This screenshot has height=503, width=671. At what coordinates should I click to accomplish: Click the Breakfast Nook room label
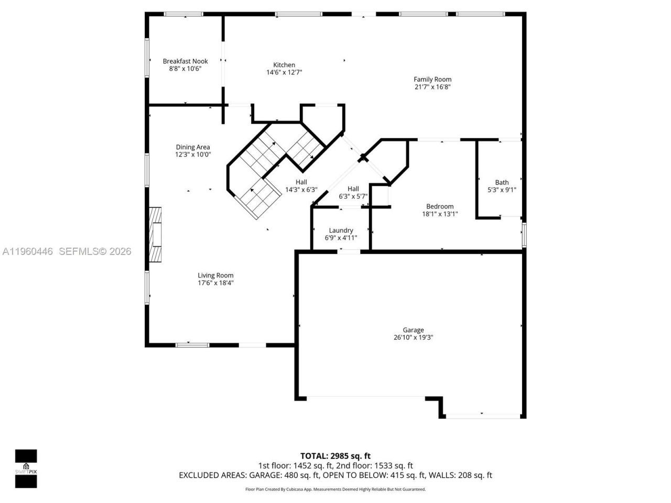185,61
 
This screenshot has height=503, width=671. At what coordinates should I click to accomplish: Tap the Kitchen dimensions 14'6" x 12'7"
284,72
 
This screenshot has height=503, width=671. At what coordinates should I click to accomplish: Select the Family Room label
432,80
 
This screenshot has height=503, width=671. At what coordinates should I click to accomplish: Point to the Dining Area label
193,147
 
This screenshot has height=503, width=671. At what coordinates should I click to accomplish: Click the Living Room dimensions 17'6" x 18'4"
215,283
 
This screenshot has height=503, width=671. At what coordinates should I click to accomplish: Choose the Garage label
413,330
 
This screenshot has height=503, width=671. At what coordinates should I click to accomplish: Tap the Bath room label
502,182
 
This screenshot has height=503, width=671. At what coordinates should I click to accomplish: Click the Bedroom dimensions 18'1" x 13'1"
440,214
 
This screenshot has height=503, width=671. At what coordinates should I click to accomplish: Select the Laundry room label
341,231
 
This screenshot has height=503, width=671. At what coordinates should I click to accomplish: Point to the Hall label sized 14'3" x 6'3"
301,182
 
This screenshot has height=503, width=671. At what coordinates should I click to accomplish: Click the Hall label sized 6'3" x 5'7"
353,189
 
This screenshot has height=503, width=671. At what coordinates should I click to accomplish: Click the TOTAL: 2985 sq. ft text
335,456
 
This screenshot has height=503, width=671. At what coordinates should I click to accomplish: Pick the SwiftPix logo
26,468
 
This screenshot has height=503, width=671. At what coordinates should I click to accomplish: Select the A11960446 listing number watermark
28,251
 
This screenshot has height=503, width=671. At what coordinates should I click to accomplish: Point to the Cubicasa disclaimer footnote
335,489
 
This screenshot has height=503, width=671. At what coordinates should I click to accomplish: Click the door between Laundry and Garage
349,251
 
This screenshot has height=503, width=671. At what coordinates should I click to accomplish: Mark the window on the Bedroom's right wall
523,234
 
